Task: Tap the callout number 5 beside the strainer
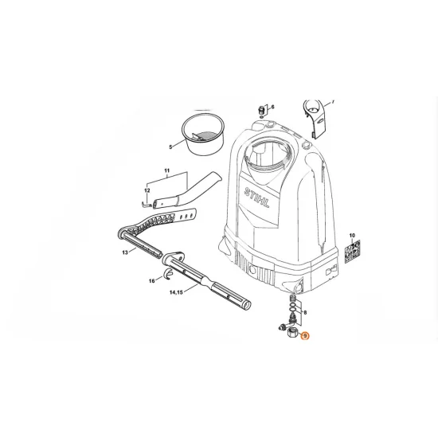coord(170,147)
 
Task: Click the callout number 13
coord(125,252)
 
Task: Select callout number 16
coord(151,281)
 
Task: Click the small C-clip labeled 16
coord(167,276)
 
